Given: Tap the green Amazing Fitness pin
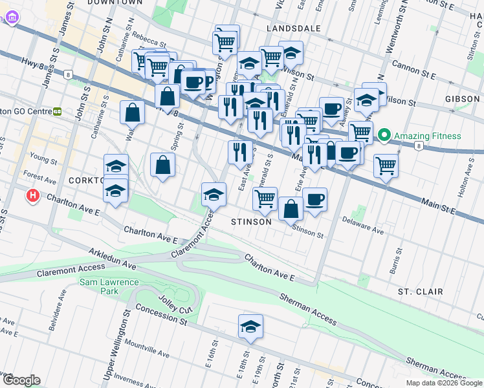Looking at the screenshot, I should [384, 136].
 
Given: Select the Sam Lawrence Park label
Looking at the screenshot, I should [109, 286].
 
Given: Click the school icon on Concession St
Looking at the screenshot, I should [250, 327].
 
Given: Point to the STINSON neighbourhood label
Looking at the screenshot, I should [252, 222].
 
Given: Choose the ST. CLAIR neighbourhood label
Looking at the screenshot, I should [420, 292].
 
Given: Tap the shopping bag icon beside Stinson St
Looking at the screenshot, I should [291, 209].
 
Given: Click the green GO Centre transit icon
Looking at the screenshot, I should [57, 111].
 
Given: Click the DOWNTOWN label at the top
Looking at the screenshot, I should [114, 3].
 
